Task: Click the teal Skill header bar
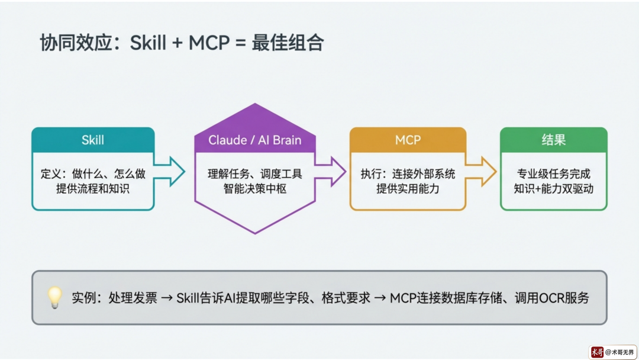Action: pos(93,140)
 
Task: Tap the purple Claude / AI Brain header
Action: pos(254,140)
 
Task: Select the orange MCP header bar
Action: pos(408,140)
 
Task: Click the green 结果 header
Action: pos(553,140)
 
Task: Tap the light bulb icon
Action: pos(54,297)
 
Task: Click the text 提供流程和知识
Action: pos(93,189)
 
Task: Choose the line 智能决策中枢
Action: pos(254,189)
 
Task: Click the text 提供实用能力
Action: pos(408,189)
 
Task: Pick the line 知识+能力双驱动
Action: pos(553,189)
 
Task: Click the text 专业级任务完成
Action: pos(553,174)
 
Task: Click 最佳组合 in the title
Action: pos(288,43)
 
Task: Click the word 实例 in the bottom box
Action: pos(83,298)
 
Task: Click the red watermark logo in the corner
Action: pos(597,352)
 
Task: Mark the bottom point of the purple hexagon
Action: pos(254,232)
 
